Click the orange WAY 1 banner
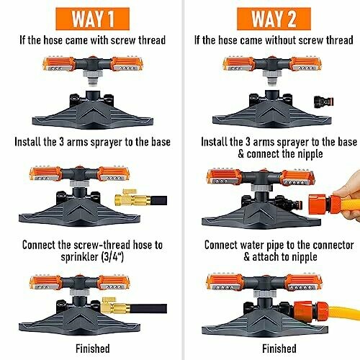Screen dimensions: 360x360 click(93, 19)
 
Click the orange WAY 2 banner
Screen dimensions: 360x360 click(274, 19)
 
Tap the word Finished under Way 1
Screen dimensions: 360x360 click(93, 348)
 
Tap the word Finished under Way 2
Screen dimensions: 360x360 click(279, 348)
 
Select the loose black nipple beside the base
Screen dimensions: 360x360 click(324, 102)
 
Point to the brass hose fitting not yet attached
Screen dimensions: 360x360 click(132, 198)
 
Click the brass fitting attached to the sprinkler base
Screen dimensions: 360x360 click(116, 305)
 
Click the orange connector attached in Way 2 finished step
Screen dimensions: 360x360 click(311, 310)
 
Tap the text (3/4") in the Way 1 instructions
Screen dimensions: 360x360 click(112, 257)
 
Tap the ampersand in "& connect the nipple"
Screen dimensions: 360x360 click(241, 154)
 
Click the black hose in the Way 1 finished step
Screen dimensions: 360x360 click(148, 308)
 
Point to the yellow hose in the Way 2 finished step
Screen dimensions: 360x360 click(344, 312)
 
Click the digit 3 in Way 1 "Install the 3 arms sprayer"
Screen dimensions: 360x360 click(62, 142)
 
